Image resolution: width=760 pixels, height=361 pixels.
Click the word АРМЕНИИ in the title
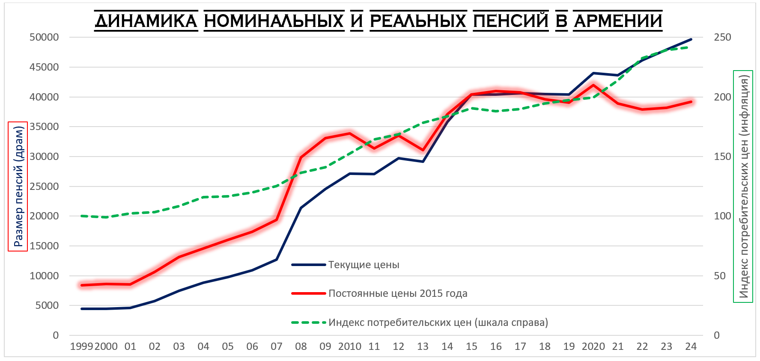618,21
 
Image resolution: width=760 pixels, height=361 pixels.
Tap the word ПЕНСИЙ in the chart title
511,21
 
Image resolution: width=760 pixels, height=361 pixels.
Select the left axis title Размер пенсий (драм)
18,186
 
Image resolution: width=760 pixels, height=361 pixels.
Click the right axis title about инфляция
743,186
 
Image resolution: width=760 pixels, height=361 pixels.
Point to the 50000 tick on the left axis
44,37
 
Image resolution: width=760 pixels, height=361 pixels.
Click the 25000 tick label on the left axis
44,186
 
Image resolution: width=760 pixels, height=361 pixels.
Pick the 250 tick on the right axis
722,37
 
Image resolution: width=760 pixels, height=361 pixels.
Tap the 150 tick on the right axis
722,157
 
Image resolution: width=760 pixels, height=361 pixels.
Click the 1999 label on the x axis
81,346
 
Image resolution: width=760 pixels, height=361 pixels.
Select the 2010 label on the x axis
349,346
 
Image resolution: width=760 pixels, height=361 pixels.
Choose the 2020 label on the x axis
593,346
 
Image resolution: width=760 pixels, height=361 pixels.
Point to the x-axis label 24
691,346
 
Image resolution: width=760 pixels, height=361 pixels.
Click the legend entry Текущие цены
364,265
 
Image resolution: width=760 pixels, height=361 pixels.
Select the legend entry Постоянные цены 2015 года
398,293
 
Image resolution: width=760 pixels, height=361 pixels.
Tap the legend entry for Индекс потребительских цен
438,323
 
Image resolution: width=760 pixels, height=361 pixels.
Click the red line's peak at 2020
593,85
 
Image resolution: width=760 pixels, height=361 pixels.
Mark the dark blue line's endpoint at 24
691,39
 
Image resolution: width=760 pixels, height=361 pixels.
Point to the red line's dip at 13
423,150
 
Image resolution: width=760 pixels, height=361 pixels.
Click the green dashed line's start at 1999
81,216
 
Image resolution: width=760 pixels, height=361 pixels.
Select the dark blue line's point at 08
301,208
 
